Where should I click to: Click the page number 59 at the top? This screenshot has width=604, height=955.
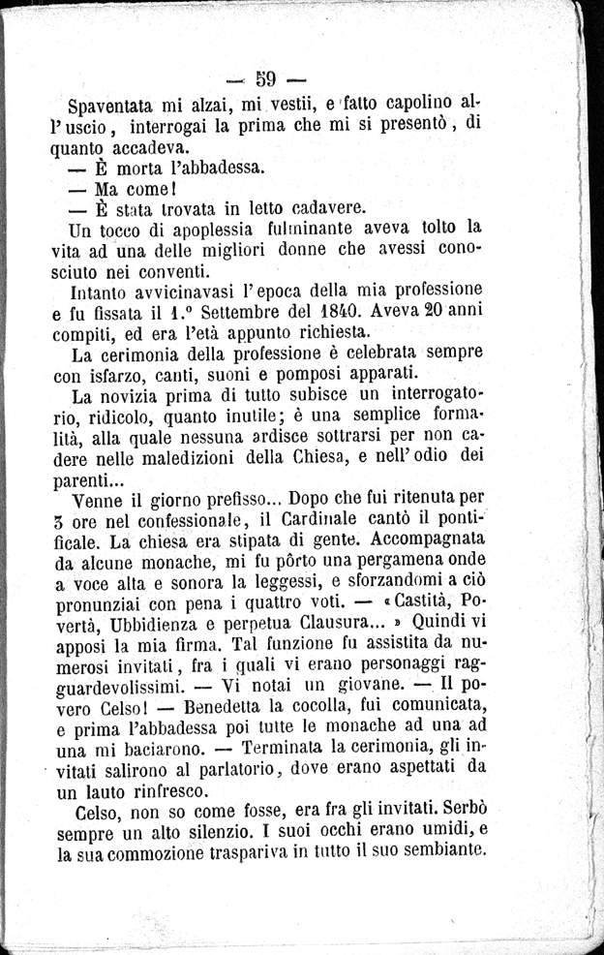[267, 77]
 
